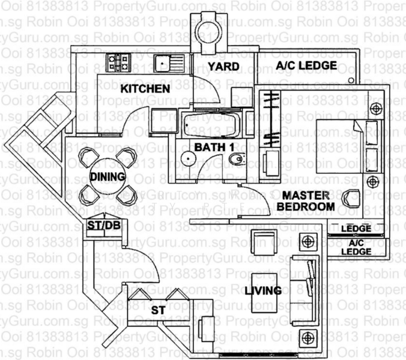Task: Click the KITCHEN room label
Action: click(145, 89)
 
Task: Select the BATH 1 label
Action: click(210, 146)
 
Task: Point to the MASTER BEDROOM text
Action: click(306, 201)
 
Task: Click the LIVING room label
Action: click(263, 291)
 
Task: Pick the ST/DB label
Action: click(100, 226)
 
